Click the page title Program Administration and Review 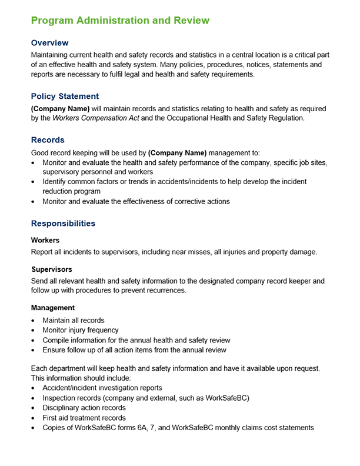click(x=120, y=21)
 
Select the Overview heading click(x=49, y=43)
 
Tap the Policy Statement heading click(x=65, y=96)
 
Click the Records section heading click(x=48, y=140)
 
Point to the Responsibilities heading click(x=63, y=224)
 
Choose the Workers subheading click(x=45, y=240)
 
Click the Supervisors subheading click(x=52, y=269)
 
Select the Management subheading click(x=53, y=308)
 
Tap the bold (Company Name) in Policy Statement click(x=60, y=109)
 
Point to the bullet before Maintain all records click(x=34, y=321)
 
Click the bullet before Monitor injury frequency click(x=34, y=331)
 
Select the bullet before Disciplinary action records click(x=34, y=408)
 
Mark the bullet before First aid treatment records click(x=34, y=418)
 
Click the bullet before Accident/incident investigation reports click(x=34, y=388)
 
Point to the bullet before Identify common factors click(x=34, y=182)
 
